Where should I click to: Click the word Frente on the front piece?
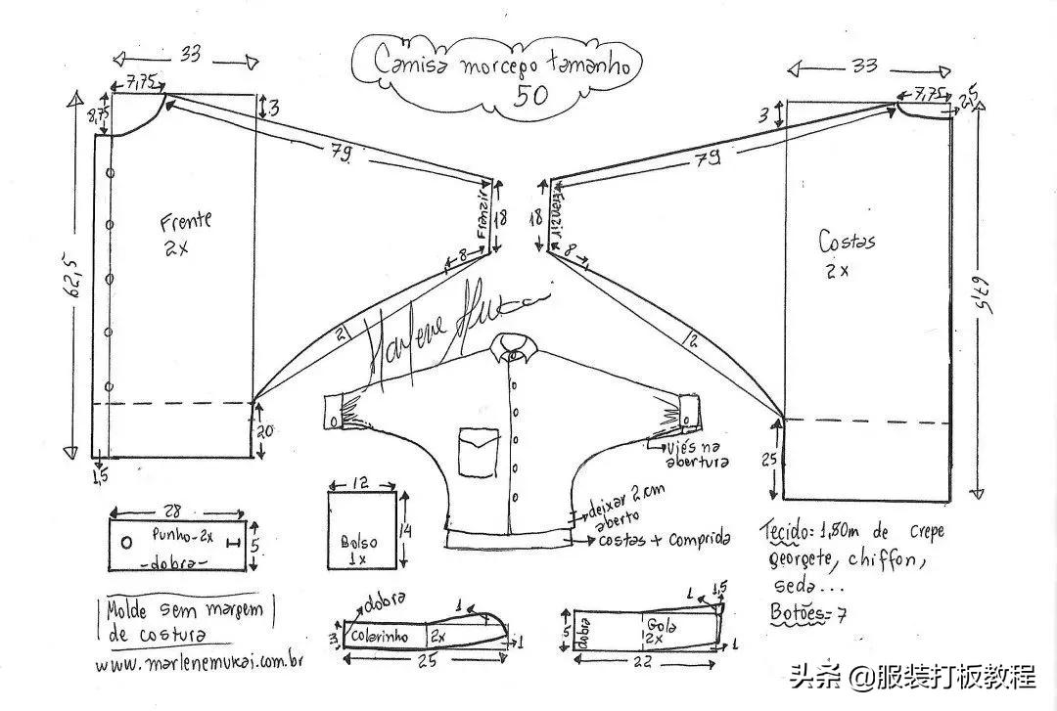pos(186,222)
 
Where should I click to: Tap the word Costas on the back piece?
pos(848,241)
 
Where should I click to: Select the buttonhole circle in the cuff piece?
pos(126,542)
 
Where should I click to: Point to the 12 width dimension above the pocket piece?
pos(362,483)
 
